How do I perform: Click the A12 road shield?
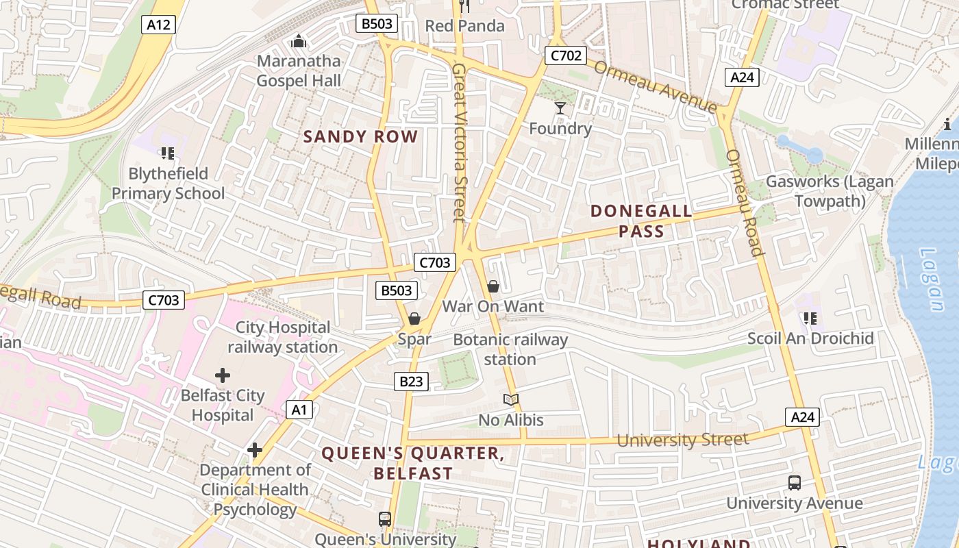tap(159, 25)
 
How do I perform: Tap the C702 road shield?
tap(566, 55)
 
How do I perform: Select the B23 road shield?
tap(411, 382)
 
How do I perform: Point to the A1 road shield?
tap(299, 410)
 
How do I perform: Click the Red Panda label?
tap(464, 26)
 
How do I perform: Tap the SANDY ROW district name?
tap(360, 136)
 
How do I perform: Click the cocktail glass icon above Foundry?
tap(560, 108)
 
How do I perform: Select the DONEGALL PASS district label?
tap(641, 221)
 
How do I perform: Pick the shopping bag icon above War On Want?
tap(493, 286)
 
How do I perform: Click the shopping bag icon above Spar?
tap(414, 319)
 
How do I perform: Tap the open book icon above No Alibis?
tap(510, 399)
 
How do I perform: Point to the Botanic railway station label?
tap(510, 349)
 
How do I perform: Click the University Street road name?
tap(682, 440)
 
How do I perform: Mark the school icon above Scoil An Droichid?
tap(810, 319)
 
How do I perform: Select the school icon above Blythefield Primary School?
tap(168, 153)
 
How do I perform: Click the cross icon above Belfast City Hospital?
tap(222, 375)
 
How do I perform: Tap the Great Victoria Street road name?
tap(459, 142)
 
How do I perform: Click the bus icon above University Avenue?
tap(794, 483)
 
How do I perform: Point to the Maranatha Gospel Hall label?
tap(299, 71)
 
